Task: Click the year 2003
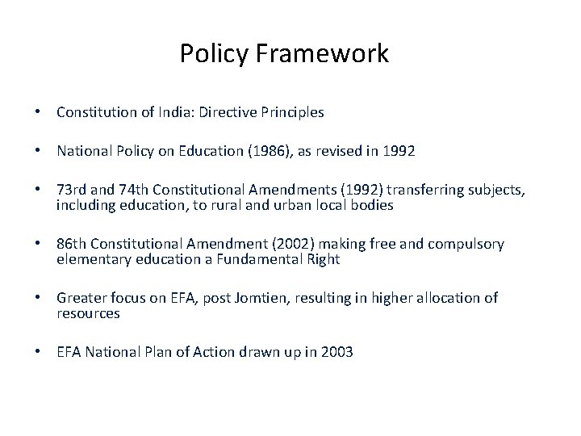pos(336,352)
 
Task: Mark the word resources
pos(88,312)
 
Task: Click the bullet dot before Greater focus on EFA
pos(39,299)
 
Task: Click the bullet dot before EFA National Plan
pos(39,352)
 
